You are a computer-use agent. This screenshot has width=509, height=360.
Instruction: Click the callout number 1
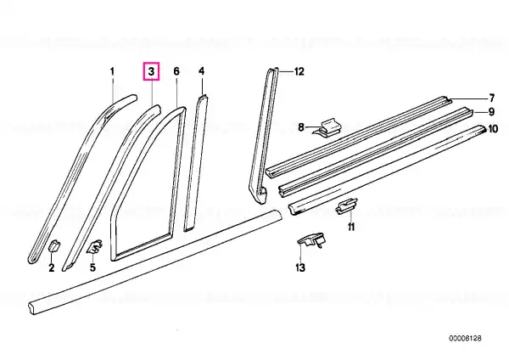(112, 71)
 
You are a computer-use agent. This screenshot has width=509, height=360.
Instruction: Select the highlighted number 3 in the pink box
(152, 71)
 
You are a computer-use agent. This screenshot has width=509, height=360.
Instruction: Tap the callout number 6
(176, 71)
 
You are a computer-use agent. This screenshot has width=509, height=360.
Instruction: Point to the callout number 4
(202, 71)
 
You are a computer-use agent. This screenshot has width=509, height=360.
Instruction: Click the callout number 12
(299, 71)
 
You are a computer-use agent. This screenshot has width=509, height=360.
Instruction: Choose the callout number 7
(491, 98)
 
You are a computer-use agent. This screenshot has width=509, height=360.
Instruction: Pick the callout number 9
(491, 112)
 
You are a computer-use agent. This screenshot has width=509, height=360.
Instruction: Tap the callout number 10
(493, 129)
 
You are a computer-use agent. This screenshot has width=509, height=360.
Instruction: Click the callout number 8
(301, 127)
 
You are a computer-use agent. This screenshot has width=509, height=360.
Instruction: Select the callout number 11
(351, 227)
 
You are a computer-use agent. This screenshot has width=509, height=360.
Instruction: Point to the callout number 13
(300, 267)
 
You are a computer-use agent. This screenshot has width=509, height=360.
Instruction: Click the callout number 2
(51, 268)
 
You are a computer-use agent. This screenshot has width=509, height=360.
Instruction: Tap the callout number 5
(92, 267)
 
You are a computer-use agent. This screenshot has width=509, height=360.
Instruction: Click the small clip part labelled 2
(54, 245)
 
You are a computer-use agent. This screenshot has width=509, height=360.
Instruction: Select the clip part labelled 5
(94, 246)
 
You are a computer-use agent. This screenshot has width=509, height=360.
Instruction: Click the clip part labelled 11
(346, 206)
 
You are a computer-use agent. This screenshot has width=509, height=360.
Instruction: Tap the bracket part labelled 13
(311, 240)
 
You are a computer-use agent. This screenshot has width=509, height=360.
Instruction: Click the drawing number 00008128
(465, 338)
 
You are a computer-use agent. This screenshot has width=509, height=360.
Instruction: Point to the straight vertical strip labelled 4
(196, 162)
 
